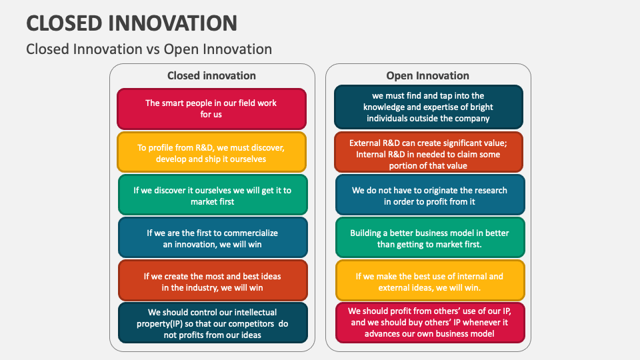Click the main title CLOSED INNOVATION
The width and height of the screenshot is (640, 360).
pos(131,23)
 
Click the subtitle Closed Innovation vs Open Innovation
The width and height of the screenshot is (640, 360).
pos(149,49)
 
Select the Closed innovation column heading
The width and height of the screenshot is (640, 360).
pos(211,75)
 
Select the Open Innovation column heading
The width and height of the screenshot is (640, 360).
pos(427,75)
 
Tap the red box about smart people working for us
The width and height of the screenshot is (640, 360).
pos(211,109)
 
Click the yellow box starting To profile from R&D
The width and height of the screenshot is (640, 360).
pos(211,153)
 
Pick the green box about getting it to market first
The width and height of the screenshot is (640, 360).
pos(212,195)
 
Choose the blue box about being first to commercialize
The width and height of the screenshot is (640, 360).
pos(212,238)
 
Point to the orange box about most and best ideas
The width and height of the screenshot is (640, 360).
pos(212,281)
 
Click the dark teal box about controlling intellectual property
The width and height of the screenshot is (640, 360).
pos(212,323)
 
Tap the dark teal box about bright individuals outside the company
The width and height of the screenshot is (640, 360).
pos(428,107)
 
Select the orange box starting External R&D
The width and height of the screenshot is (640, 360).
pos(428,153)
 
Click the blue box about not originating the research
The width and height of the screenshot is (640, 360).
pos(429,195)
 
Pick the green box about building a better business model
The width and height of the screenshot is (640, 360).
pos(429,238)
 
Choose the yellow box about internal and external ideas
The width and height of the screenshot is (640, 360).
pos(429,281)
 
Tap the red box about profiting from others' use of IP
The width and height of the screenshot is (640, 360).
pos(429,322)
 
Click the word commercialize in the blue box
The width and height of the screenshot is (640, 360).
pos(248,233)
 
